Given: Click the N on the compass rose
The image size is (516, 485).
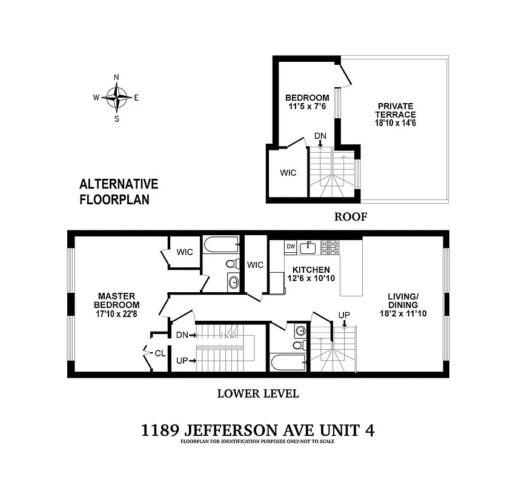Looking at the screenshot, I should pos(116,77).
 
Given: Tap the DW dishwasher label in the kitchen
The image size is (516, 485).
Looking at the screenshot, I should pos(291,246).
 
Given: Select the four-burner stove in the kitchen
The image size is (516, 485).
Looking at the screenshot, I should pos(331,247).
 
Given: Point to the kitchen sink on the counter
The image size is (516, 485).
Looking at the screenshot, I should pos(309,246).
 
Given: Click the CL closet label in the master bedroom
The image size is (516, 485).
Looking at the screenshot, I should pos(160,353).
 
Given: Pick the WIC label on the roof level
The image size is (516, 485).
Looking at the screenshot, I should pos(288,173).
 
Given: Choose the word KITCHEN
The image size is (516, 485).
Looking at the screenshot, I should pos(311,270).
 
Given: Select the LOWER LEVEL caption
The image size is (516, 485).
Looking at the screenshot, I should pos(257,393).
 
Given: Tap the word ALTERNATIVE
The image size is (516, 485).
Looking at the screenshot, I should pos(119,184).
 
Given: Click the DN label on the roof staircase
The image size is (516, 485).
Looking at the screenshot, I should pos(320,136).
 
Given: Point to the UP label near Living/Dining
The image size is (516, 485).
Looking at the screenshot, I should pos(344,315).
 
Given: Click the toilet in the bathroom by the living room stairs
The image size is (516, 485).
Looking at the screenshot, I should pos(298,346).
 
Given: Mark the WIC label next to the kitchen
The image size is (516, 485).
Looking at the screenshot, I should pos(255,264).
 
